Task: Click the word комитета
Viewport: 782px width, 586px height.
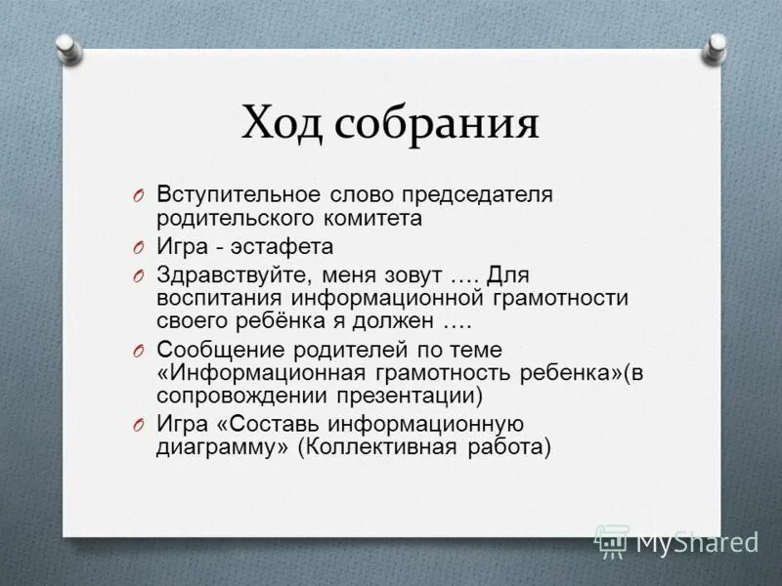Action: click(x=376, y=219)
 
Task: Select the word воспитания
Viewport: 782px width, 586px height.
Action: click(x=217, y=297)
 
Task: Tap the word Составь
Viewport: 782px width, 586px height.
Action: click(x=269, y=424)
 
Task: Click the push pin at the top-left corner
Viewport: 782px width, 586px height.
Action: click(x=66, y=47)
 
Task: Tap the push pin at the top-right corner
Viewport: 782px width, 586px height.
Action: click(x=717, y=45)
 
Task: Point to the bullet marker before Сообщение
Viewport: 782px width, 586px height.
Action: click(x=140, y=351)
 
